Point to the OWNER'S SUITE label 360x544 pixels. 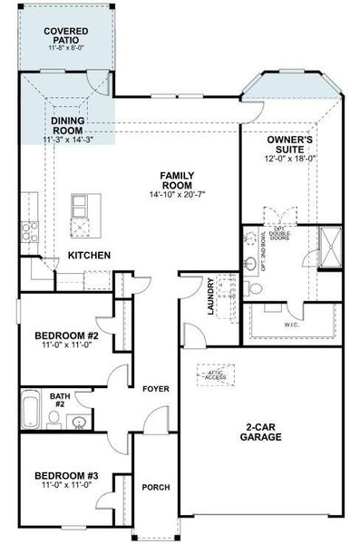click(x=290, y=143)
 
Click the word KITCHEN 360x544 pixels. click(x=90, y=256)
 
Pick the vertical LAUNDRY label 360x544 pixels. click(x=209, y=296)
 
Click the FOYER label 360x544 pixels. click(x=156, y=388)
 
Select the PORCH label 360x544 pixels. click(x=156, y=487)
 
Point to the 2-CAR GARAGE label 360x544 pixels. click(x=261, y=431)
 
